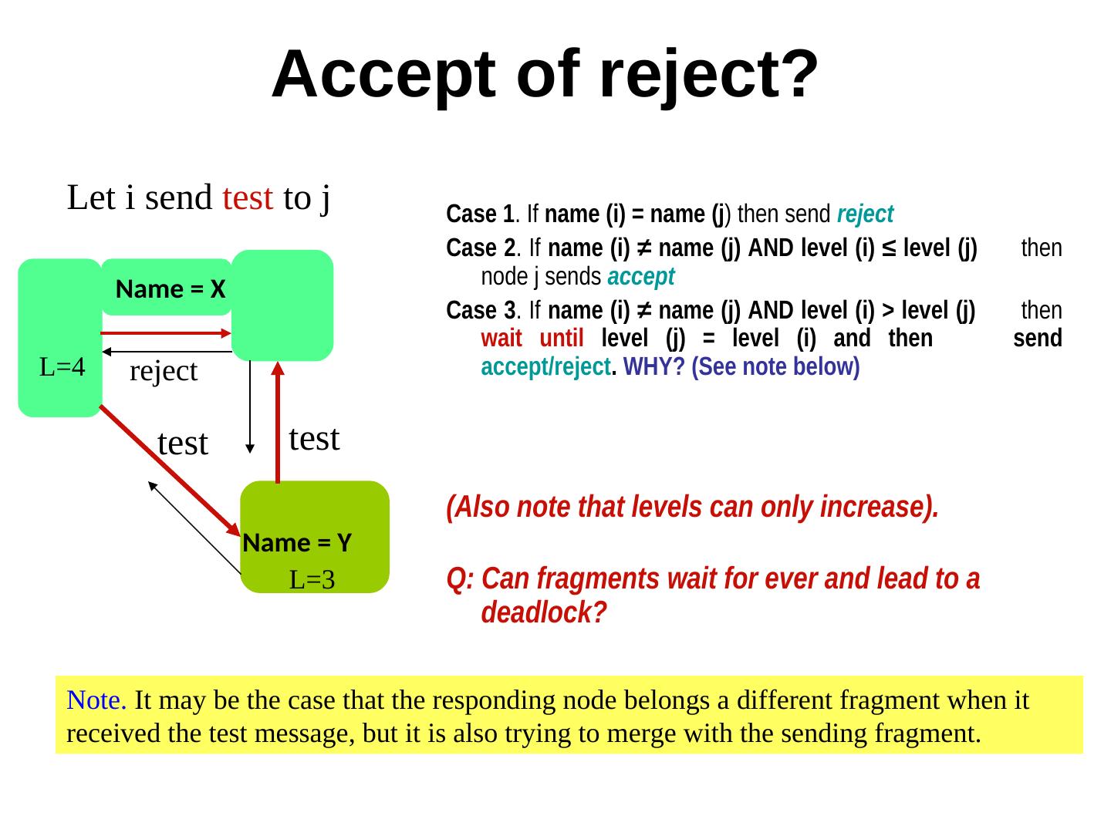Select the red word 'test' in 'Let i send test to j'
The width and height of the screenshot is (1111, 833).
point(247,198)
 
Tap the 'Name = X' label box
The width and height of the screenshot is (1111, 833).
point(170,289)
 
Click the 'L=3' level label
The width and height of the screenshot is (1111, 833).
point(312,580)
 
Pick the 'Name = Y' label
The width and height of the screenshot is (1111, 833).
point(297,543)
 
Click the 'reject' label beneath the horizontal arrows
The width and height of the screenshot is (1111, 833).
point(164,372)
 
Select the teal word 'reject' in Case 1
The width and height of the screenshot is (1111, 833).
point(865,213)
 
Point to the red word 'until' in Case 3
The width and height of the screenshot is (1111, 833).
point(561,338)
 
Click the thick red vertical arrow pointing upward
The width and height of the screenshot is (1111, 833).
point(278,420)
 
